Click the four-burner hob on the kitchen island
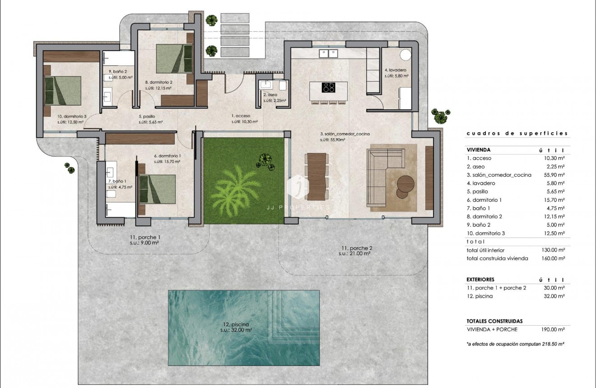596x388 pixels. click(328, 88)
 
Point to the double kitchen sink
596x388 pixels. click(328, 54)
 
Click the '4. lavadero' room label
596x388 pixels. click(396, 70)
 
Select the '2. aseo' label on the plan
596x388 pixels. click(270, 95)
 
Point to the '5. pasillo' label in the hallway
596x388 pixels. click(146, 116)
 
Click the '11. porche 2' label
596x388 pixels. click(357, 248)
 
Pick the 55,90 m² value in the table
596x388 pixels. click(554, 175)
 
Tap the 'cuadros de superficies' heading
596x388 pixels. click(517, 134)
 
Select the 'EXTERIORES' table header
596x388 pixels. click(480, 280)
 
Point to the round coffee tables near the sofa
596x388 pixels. click(405, 187)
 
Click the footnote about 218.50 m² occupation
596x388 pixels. click(516, 344)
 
